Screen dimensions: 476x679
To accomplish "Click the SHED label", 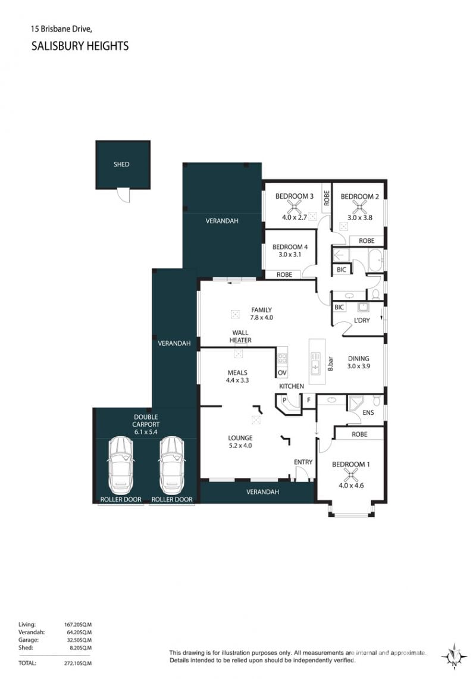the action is tap(121, 165).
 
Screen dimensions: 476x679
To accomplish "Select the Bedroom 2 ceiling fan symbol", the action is tap(358, 208).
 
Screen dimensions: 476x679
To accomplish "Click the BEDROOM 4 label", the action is tap(290, 248).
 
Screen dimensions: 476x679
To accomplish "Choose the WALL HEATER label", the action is tap(240, 336).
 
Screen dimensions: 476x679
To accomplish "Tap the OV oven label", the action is tap(283, 373).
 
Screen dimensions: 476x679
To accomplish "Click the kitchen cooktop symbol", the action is tap(283, 358).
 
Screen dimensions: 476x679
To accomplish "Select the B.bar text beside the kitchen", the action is tap(330, 364).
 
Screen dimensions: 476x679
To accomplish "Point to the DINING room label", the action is tap(359, 359).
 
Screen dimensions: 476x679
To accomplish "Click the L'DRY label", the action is tap(362, 320).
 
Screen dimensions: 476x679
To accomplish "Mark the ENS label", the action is tap(368, 412).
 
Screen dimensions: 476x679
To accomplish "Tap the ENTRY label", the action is tap(303, 462).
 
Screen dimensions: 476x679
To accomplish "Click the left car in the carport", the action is tap(120, 465).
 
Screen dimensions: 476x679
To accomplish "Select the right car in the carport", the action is tap(172, 465).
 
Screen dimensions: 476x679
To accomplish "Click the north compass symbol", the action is tap(454, 656).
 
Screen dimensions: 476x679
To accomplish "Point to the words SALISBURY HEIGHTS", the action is tap(80, 46).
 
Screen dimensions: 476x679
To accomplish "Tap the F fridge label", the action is tap(309, 400).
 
